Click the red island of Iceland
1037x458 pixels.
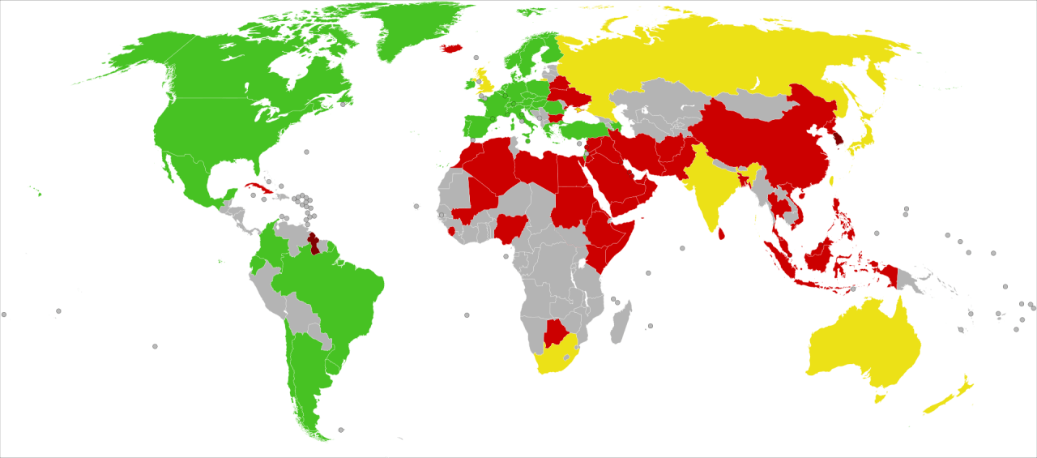click(x=450, y=48)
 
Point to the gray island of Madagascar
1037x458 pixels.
click(x=622, y=319)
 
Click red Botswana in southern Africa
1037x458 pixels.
click(x=555, y=332)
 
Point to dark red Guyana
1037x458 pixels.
click(x=314, y=244)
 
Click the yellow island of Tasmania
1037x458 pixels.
click(x=879, y=398)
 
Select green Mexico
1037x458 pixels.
click(x=190, y=178)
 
